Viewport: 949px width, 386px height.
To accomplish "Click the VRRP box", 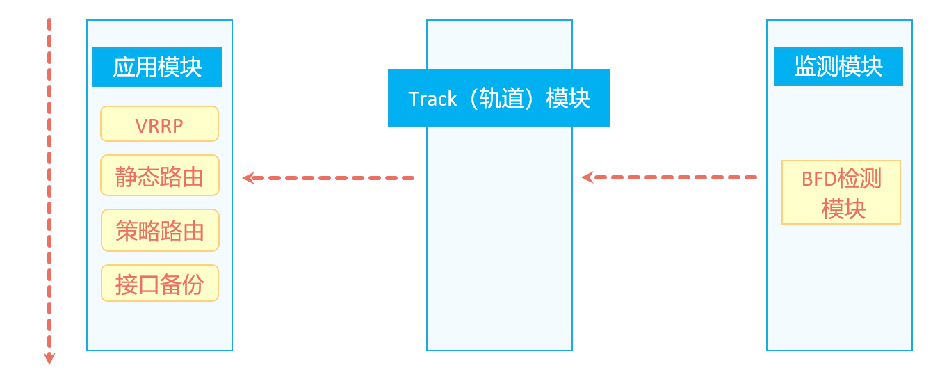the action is pyautogui.click(x=159, y=124).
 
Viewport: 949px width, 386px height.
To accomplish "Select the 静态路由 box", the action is pyautogui.click(x=159, y=176).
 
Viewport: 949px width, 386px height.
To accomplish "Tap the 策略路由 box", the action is pyautogui.click(x=159, y=230).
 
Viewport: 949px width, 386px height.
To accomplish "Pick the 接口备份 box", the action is pyautogui.click(x=159, y=284).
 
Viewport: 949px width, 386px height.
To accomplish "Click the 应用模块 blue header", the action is pyautogui.click(x=157, y=67).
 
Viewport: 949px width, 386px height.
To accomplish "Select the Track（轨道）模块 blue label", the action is pyautogui.click(x=498, y=98).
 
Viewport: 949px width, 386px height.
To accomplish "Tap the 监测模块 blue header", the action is pyautogui.click(x=838, y=67).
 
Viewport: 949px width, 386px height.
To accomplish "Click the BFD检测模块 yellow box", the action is pyautogui.click(x=841, y=193).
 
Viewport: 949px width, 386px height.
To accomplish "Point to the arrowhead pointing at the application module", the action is pyautogui.click(x=248, y=178).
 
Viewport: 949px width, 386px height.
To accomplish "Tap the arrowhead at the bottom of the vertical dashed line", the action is pyautogui.click(x=49, y=359).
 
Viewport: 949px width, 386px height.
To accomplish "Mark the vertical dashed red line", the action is pyautogui.click(x=49, y=188).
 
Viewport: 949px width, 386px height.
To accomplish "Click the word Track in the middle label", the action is pyautogui.click(x=432, y=99).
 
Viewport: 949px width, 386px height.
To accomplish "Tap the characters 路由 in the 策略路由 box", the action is pyautogui.click(x=181, y=230).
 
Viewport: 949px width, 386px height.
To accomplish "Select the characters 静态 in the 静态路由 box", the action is pyautogui.click(x=137, y=176).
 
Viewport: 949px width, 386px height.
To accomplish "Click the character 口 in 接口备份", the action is pyautogui.click(x=148, y=284).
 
